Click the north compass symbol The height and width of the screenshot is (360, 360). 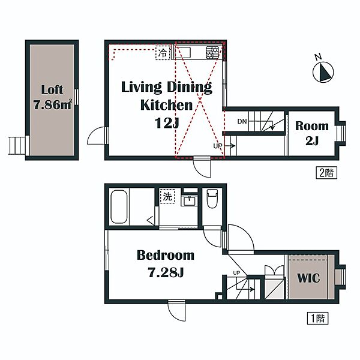click(x=323, y=72)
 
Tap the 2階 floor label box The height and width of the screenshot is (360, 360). click(x=326, y=173)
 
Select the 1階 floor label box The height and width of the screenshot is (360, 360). click(x=317, y=318)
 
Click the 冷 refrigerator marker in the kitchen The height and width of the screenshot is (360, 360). click(x=163, y=53)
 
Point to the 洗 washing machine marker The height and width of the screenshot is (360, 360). click(x=167, y=196)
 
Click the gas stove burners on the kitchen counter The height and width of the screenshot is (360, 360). click(x=212, y=53)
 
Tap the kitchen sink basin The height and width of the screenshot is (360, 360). click(x=183, y=53)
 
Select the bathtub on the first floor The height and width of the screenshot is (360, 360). click(x=119, y=206)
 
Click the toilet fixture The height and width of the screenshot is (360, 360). click(x=212, y=198)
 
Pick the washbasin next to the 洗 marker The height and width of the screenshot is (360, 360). click(x=189, y=201)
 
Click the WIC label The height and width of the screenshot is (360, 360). click(x=308, y=278)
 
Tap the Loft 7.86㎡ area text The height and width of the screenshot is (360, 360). click(x=52, y=97)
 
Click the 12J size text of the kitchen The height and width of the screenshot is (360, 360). click(x=167, y=123)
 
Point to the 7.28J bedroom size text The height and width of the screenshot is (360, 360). click(x=166, y=272)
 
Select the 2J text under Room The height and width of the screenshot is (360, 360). click(x=312, y=140)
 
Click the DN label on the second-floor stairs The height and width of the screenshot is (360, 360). click(x=242, y=121)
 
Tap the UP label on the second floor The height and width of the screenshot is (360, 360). click(x=218, y=146)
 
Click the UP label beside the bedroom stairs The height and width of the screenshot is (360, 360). click(x=236, y=273)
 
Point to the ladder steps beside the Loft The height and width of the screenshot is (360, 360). click(x=17, y=146)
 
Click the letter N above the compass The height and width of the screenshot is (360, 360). click(x=318, y=57)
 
